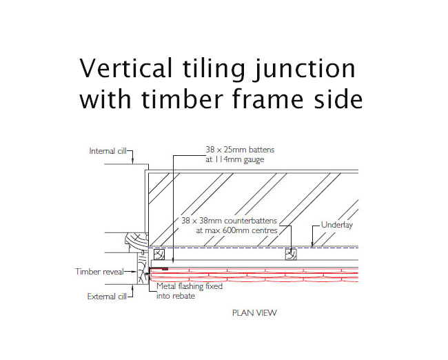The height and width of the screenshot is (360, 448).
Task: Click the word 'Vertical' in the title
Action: pos(125,68)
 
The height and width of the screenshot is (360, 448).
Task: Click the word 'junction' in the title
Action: pos(305,69)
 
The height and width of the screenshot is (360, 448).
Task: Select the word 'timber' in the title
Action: pos(182,99)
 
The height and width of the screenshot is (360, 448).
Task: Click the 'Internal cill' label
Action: pos(108,151)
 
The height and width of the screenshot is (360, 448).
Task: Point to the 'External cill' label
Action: pos(107,297)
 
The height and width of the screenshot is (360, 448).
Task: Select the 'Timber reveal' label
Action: pos(99,272)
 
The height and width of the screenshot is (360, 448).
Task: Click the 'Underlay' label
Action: pos(337,225)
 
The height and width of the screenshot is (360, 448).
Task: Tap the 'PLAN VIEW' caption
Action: pos(254,313)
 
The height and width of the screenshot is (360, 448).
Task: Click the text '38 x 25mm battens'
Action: pos(240,150)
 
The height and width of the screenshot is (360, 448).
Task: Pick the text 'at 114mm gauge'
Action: pos(235,159)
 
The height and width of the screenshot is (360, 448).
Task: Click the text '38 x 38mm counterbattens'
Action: pos(229,221)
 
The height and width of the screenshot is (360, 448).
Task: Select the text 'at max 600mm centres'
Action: pos(236,230)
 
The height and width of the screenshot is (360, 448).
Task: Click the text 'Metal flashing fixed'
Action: pos(190,286)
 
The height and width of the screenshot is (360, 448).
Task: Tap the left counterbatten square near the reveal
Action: pos(159,254)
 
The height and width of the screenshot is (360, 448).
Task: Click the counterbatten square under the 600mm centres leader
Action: pos(291,254)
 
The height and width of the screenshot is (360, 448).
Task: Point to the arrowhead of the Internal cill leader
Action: pos(132,162)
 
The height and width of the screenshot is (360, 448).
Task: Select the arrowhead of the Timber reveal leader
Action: pos(134,272)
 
